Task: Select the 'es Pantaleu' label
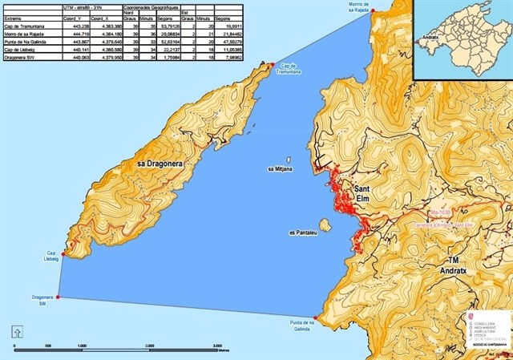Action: (x=304, y=234)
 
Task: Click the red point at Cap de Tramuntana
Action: (x=273, y=64)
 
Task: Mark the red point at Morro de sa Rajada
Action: (x=374, y=18)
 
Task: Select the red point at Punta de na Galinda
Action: (x=317, y=318)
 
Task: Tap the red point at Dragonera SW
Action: (x=59, y=297)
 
